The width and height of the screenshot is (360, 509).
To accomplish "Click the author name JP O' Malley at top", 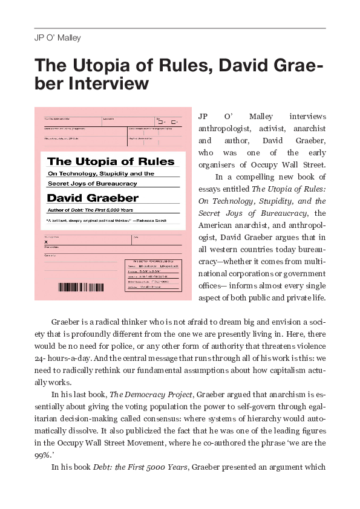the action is [x=58, y=38].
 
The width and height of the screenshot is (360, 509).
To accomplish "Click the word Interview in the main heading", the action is [x=110, y=83].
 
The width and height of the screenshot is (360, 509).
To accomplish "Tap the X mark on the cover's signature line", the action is [x=46, y=242].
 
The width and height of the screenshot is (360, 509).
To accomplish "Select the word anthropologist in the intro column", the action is [x=226, y=129].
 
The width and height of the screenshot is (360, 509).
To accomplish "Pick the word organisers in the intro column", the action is [x=220, y=165].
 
